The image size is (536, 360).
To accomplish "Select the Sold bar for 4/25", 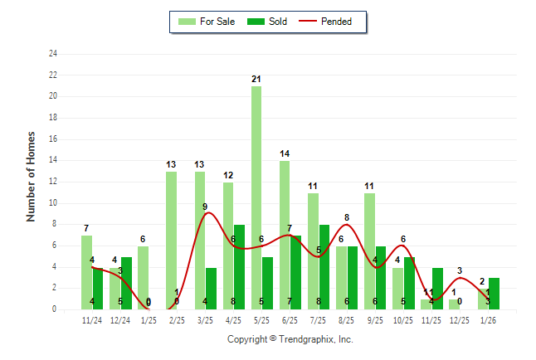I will pos(239,266).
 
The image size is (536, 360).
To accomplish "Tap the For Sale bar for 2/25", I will pos(171,241).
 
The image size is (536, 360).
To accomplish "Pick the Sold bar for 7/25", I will pos(324,266).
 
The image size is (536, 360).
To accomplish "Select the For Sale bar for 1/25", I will pos(143,277).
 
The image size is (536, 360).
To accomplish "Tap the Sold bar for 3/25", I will pos(211,288).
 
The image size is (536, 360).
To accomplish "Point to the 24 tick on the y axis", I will pos(53,54).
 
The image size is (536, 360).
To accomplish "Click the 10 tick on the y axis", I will pos(53,203).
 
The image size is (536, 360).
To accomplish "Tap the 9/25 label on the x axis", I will pos(375,319).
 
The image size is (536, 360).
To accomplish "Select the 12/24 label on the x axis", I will pos(120,319).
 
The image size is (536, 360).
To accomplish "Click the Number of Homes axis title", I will pos(31,176).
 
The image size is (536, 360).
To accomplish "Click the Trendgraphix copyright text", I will pos(290,339).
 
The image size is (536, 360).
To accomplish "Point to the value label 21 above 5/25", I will pos(256,79).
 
